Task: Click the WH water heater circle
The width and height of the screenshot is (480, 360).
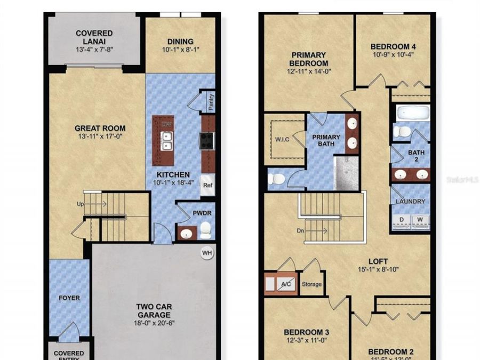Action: [206, 253]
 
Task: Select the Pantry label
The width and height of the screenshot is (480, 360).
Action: [211, 103]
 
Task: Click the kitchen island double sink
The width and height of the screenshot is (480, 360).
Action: [166, 140]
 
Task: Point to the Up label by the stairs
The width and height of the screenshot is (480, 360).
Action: [79, 204]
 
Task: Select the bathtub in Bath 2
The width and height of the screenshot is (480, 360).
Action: [412, 113]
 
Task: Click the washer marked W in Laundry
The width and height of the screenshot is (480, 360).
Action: [420, 219]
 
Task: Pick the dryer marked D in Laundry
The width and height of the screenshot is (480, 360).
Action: [402, 219]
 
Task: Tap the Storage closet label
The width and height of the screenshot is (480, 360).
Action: [311, 284]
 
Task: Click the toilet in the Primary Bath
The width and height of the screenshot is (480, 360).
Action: [276, 179]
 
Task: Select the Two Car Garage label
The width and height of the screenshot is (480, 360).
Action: [154, 311]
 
